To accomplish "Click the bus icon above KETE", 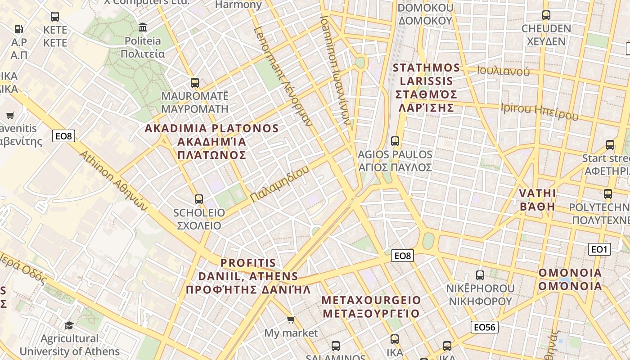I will [55, 17].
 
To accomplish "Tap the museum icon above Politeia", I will [143, 27].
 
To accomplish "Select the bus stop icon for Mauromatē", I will [194, 83].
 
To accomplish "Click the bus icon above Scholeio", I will [198, 199].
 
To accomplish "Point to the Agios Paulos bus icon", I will [395, 141].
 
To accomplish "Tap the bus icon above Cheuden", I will [546, 15].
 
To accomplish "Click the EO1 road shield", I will [599, 249].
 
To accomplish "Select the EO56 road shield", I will [484, 327].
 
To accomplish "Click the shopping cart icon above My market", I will [291, 320].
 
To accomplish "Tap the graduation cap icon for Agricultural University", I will [69, 325].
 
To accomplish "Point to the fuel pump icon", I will [19, 29].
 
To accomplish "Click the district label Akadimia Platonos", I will [211, 142].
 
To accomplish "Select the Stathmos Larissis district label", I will [426, 88].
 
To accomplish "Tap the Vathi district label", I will [537, 200].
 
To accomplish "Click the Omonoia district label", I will [570, 279].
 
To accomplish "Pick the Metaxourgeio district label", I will [371, 306].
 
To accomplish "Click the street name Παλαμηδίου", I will [280, 184].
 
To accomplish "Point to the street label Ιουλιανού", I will [503, 71].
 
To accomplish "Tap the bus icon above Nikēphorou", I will [480, 275].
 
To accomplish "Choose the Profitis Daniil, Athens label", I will [248, 276].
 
